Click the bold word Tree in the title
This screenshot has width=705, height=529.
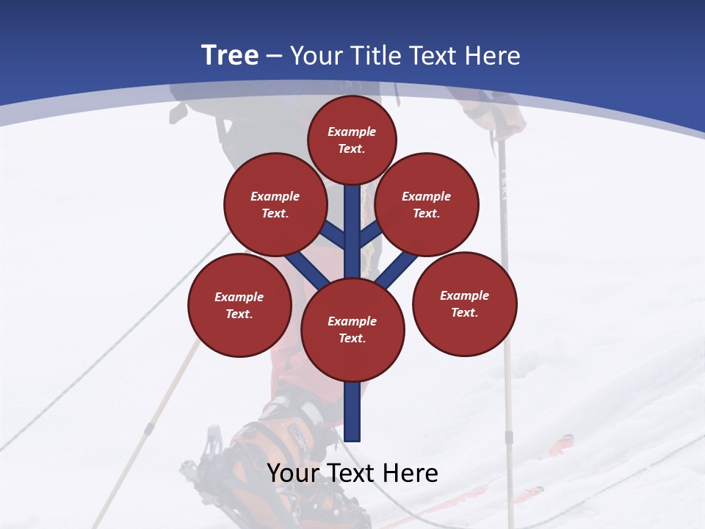pyautogui.click(x=230, y=56)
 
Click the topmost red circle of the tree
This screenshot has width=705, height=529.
pyautogui.click(x=352, y=140)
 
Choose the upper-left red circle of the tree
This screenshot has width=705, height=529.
pyautogui.click(x=275, y=204)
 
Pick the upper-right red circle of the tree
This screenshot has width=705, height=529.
pyautogui.click(x=427, y=204)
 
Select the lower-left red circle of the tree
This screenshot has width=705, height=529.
pyautogui.click(x=239, y=305)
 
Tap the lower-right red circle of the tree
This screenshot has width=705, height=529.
pyautogui.click(x=465, y=303)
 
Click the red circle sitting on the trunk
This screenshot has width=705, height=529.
pyautogui.click(x=352, y=329)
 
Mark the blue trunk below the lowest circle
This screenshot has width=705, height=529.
pyautogui.click(x=352, y=411)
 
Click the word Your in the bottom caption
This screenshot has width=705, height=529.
pyautogui.click(x=293, y=473)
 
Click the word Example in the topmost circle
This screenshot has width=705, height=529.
pyautogui.click(x=352, y=132)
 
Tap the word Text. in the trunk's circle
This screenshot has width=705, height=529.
pyautogui.click(x=352, y=338)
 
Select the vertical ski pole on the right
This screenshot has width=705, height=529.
pyautogui.click(x=505, y=294)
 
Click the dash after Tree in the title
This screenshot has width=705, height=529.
pyautogui.click(x=274, y=56)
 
